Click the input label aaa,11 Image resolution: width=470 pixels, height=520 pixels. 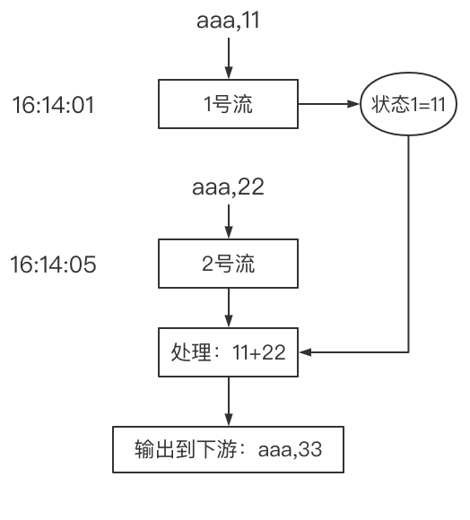point(229,20)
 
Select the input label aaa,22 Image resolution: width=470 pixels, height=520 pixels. point(229,188)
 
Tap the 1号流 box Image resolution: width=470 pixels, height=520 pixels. point(228,104)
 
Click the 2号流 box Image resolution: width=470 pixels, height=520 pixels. point(228,264)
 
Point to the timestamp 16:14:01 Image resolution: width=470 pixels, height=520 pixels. point(53,105)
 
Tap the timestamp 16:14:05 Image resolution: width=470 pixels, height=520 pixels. point(53,265)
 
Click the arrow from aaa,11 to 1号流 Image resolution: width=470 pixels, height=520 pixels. point(229,57)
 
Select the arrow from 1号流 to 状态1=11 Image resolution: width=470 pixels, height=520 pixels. point(328,104)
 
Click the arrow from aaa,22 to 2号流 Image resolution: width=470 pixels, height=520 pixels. point(229,220)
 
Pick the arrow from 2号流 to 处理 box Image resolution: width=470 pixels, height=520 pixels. point(229,309)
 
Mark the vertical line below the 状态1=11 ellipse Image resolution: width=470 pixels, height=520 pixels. point(409,242)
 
